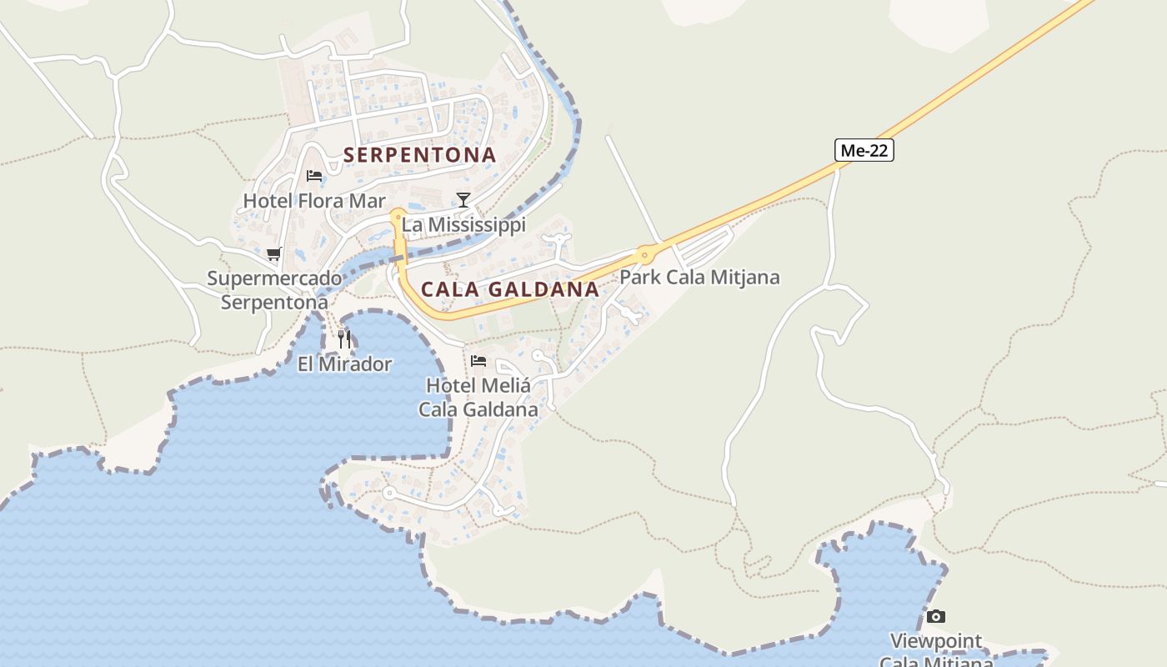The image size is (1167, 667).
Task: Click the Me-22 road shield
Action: tap(864, 150)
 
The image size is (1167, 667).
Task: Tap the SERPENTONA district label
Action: tap(419, 155)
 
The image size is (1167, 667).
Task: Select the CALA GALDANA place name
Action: tap(509, 289)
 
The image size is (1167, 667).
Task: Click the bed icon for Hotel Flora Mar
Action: tap(314, 176)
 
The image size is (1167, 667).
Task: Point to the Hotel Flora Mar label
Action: tap(314, 201)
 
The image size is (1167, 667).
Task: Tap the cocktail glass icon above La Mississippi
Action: tap(463, 200)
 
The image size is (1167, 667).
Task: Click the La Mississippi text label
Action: tap(463, 225)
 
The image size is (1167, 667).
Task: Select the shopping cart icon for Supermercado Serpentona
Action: tap(273, 254)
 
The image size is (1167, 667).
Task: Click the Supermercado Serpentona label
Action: tap(274, 290)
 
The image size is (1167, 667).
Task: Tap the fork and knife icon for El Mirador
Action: tap(344, 339)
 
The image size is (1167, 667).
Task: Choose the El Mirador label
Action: tap(344, 364)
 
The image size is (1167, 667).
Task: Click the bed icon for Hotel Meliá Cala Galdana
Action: tap(478, 361)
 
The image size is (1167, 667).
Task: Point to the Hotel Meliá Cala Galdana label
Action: tap(478, 398)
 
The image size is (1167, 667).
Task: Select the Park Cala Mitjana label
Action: tap(699, 278)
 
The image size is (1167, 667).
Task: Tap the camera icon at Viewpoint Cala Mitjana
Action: tap(936, 617)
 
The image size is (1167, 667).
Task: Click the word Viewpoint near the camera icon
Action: tap(936, 641)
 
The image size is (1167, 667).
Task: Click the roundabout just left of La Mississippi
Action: tap(397, 215)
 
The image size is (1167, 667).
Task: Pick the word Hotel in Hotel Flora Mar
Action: tap(268, 201)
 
